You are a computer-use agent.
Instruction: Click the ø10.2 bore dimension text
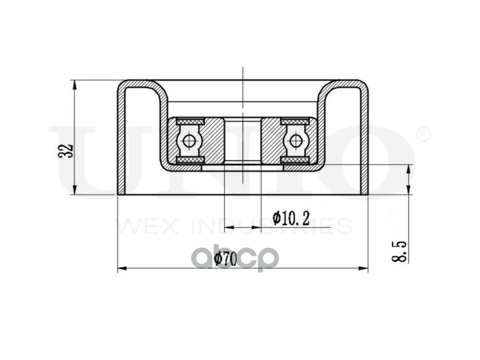coord(291,218)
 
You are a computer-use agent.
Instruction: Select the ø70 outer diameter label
coord(226,259)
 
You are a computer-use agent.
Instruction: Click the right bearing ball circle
coord(295,141)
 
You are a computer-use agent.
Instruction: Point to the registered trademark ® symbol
coord(424,135)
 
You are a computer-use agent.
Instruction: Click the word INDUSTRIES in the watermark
coord(272,226)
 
